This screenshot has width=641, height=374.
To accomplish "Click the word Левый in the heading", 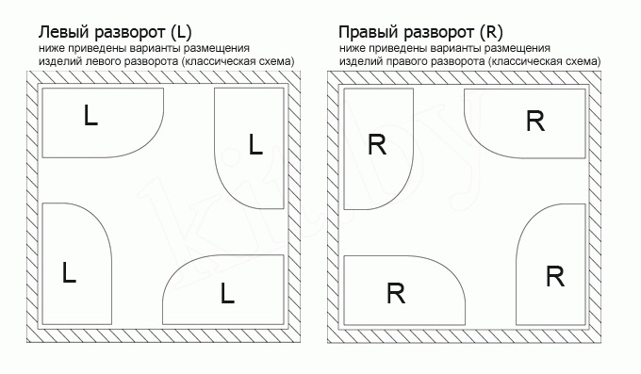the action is point(64,31).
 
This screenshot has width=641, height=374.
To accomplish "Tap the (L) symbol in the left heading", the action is point(181,32).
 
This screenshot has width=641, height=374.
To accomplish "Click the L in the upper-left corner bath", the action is point(90,115).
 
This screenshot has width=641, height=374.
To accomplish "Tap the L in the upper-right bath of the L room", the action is point(255,144).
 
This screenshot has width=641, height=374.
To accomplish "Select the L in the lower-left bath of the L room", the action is point(69,272).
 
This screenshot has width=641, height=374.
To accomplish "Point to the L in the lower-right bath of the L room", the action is point(227,293).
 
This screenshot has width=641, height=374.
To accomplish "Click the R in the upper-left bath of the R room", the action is point(377,144).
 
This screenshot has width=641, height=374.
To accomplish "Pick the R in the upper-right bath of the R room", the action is point(535,121).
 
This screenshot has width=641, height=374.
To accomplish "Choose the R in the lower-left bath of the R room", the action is point(396,294).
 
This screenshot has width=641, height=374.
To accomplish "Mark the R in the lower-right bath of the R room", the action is point(555,276).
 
